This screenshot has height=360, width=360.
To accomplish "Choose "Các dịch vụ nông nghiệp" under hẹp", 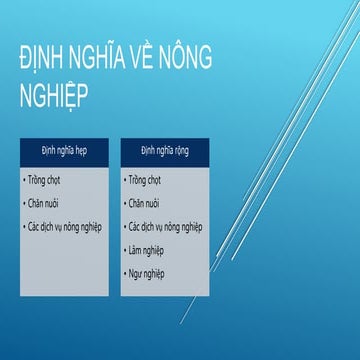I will (66, 227).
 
